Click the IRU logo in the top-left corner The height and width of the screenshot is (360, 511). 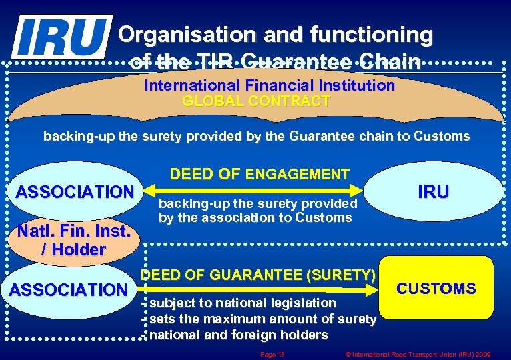click(x=61, y=36)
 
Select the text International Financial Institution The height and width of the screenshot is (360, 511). click(x=270, y=86)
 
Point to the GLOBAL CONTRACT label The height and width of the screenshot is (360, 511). click(x=256, y=101)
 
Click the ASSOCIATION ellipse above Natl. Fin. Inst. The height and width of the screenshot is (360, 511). click(x=74, y=192)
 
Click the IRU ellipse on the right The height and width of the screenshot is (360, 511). click(x=433, y=192)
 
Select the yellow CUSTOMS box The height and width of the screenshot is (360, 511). click(x=436, y=288)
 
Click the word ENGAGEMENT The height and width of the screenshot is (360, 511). click(x=297, y=175)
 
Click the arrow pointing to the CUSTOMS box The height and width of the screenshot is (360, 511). click(x=260, y=289)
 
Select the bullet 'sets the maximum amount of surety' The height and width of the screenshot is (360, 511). click(x=262, y=319)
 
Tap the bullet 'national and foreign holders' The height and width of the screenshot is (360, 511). click(x=238, y=335)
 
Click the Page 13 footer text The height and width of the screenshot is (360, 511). click(x=272, y=354)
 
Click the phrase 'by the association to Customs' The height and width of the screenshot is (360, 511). click(x=255, y=217)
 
